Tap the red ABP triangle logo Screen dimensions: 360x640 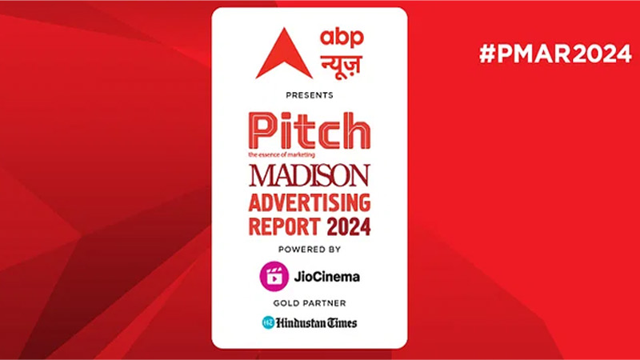point(284,54)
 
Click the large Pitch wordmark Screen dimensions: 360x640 point(309,131)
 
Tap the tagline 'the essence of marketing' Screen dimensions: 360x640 point(282,153)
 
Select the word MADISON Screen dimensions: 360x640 point(309,174)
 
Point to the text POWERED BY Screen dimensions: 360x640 point(309,250)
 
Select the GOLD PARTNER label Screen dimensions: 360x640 point(309,304)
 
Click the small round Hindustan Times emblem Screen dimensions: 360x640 point(267,322)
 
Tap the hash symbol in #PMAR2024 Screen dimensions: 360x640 point(486,55)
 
